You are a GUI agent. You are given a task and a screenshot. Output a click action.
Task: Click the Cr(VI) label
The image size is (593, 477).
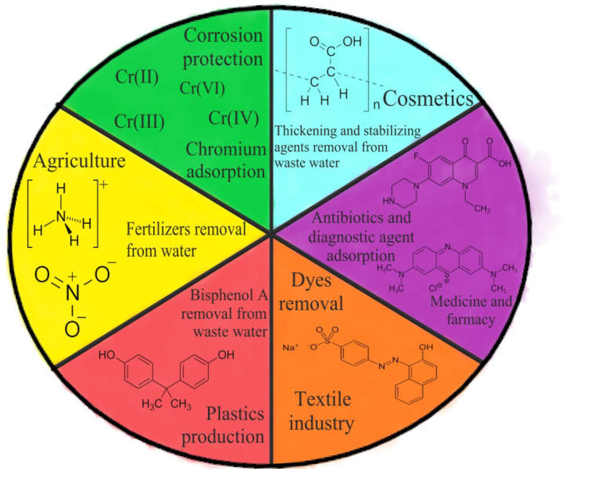point(202,88)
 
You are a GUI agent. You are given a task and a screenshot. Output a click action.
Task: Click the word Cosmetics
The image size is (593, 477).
point(428,99)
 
